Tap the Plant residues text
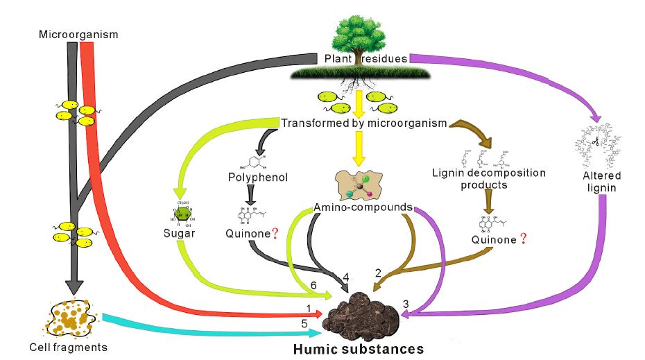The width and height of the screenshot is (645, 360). point(365,58)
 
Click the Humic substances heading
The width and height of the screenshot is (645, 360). point(358,348)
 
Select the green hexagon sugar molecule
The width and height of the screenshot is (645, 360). point(182,212)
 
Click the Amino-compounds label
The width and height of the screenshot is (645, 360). point(363,207)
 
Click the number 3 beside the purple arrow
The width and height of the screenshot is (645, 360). point(405,302)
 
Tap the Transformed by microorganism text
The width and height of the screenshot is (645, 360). point(363,123)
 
